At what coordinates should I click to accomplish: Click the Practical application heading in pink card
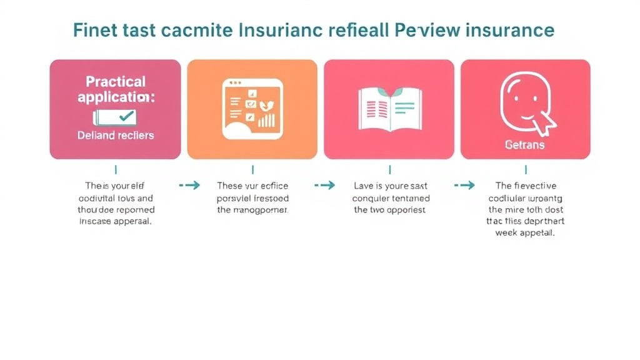(116, 89)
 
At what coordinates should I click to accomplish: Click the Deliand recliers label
(116, 135)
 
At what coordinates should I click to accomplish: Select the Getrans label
(524, 144)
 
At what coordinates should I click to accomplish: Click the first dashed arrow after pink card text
(189, 185)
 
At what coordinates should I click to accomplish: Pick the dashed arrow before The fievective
(464, 185)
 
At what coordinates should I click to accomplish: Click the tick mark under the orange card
(252, 169)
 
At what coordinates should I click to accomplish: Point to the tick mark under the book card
(389, 169)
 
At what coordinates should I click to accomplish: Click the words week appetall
(525, 232)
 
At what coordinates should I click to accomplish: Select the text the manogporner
(252, 210)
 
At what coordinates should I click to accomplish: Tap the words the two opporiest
(389, 210)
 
